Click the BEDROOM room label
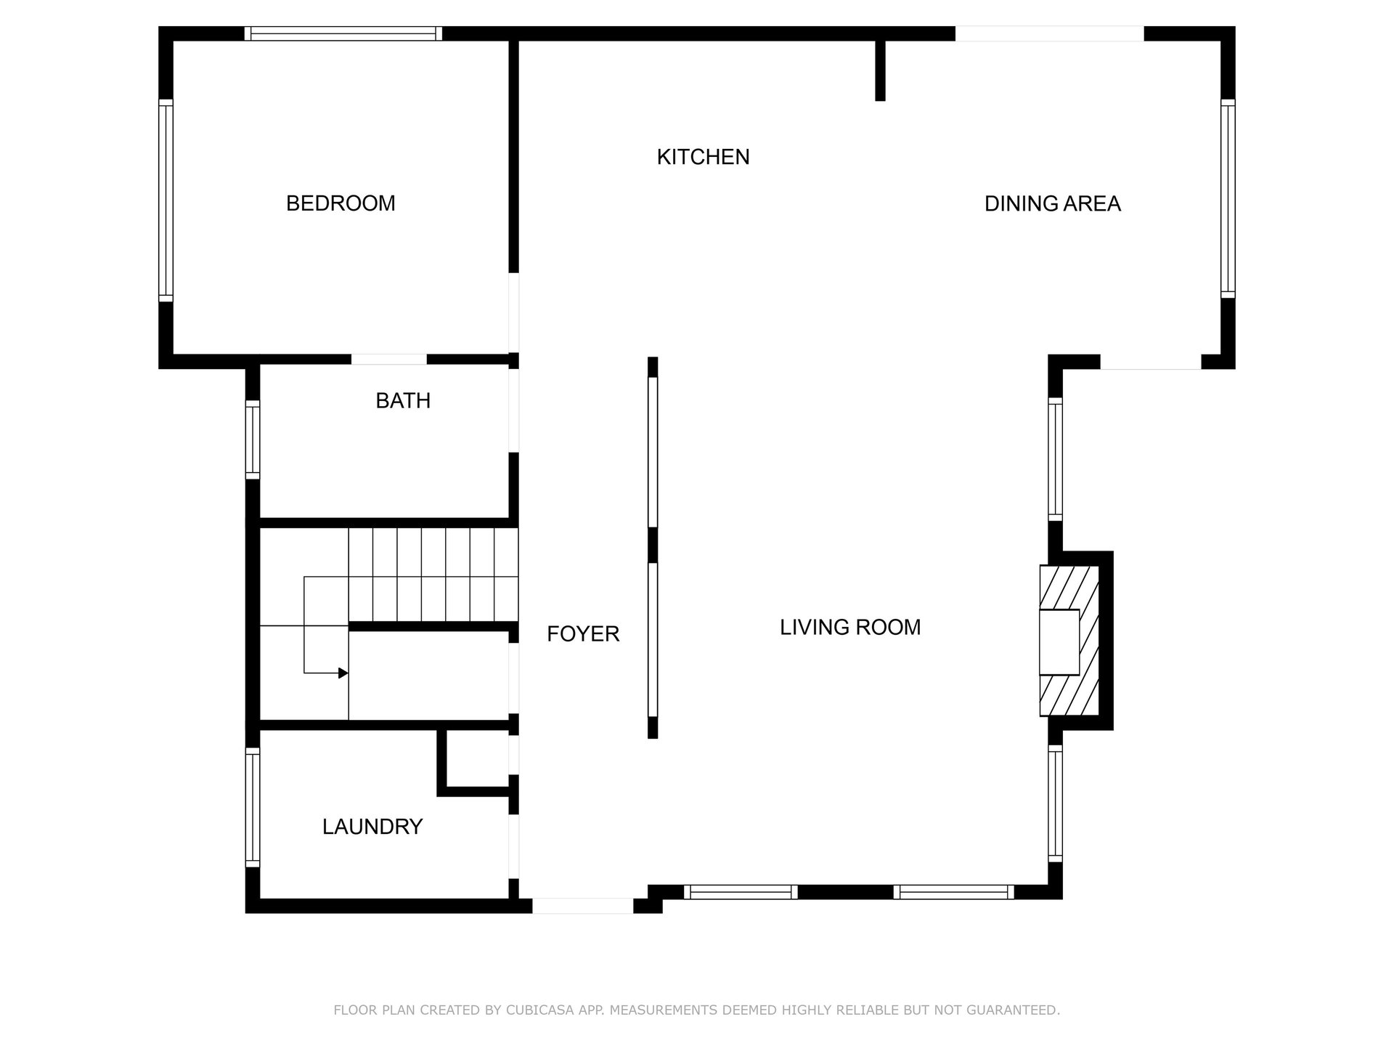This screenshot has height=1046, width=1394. click(341, 203)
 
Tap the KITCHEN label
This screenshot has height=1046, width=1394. click(703, 157)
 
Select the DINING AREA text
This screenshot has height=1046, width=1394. click(1052, 204)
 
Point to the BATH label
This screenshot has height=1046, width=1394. click(403, 401)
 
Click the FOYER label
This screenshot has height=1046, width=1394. click(583, 634)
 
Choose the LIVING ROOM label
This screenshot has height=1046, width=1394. click(850, 628)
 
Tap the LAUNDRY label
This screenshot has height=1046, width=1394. click(372, 827)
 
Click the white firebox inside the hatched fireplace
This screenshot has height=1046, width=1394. click(1059, 642)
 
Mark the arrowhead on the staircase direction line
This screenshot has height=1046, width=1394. click(343, 673)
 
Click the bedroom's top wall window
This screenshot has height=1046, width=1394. click(343, 33)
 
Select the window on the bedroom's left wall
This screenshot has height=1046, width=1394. click(166, 200)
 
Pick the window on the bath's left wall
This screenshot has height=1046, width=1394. click(253, 440)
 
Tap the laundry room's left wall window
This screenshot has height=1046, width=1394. click(253, 808)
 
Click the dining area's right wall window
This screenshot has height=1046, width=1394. click(1228, 198)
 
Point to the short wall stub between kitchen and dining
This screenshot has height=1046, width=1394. click(880, 70)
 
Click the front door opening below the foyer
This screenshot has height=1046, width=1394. click(583, 906)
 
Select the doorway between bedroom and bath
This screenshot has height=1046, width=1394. click(389, 360)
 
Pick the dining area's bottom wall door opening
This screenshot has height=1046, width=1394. click(1151, 362)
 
